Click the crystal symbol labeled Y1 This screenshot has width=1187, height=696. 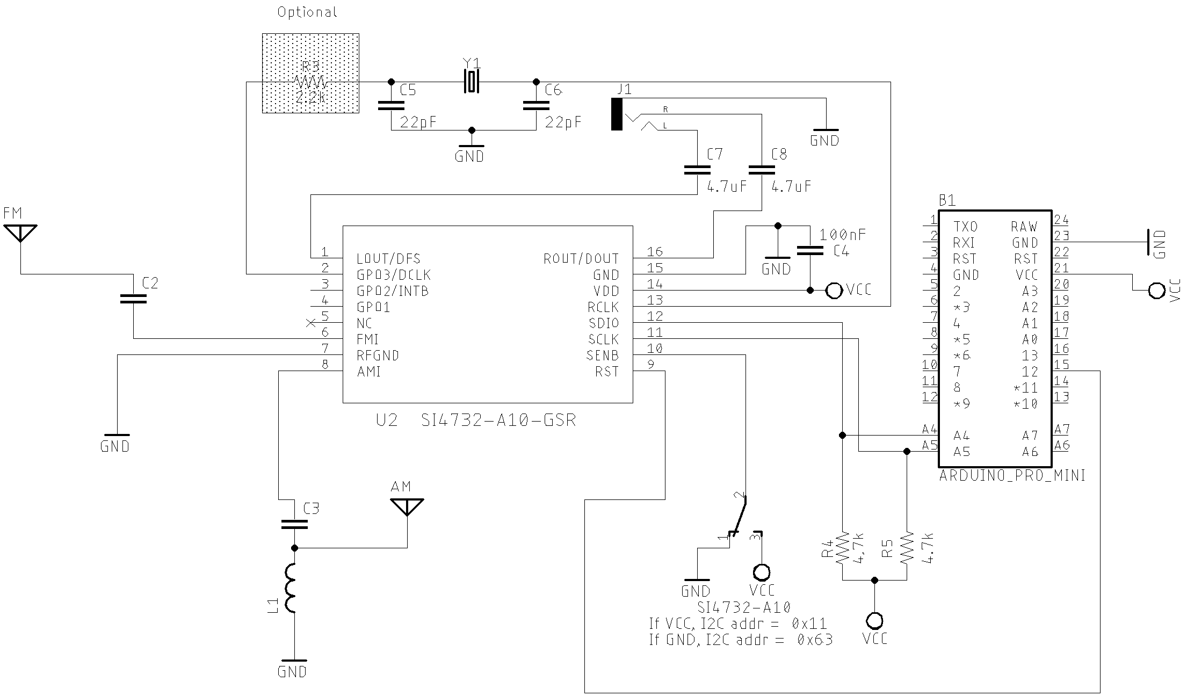[x=472, y=82]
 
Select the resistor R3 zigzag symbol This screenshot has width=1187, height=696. [x=310, y=82]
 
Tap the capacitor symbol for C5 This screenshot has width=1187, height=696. [x=391, y=105]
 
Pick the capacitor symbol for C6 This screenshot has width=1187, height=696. [x=535, y=105]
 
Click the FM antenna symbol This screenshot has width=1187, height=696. [x=20, y=233]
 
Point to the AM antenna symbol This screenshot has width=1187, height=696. [x=407, y=506]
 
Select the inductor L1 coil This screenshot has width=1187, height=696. [x=291, y=588]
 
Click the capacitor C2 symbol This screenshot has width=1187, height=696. [x=133, y=298]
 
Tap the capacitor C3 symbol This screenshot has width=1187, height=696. [x=294, y=524]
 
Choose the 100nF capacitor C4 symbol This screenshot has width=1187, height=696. [x=810, y=250]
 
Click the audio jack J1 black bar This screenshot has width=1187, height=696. [x=617, y=114]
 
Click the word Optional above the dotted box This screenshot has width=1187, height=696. [x=307, y=12]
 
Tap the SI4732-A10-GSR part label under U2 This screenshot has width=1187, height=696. [x=498, y=420]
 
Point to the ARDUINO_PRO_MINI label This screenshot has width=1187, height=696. [x=1012, y=476]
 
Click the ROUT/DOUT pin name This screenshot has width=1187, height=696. [x=581, y=259]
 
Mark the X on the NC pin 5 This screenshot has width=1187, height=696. [x=310, y=323]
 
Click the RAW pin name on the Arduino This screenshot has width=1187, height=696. [x=1024, y=227]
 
